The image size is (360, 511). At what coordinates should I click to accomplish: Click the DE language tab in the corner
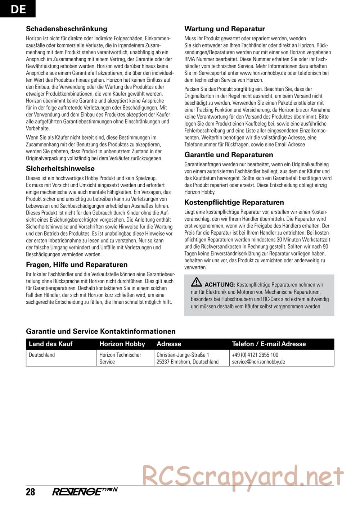click(18, 9)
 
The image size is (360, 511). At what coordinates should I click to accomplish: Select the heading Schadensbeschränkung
click(67, 29)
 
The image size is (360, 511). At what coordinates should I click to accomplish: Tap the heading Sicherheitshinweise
click(60, 168)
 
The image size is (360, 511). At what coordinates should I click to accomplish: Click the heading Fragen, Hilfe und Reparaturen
click(77, 264)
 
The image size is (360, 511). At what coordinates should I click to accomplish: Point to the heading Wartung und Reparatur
click(224, 29)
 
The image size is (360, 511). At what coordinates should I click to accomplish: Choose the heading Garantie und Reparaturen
click(229, 155)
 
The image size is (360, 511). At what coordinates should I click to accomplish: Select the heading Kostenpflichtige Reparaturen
click(234, 202)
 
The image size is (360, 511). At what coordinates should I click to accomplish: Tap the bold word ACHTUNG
click(220, 284)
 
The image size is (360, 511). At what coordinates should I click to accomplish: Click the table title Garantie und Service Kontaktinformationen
click(101, 331)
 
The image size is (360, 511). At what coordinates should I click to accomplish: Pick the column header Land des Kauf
click(50, 344)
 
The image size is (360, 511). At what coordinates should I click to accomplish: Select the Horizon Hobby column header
click(122, 344)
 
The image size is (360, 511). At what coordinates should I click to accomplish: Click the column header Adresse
click(169, 344)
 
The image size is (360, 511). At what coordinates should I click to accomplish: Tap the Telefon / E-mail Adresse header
click(269, 344)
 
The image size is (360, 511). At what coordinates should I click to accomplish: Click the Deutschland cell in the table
click(42, 355)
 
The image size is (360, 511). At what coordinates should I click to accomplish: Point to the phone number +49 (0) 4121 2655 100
click(255, 355)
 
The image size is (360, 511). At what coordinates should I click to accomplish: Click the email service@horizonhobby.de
click(258, 362)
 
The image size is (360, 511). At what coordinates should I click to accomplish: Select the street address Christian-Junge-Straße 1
click(183, 355)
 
